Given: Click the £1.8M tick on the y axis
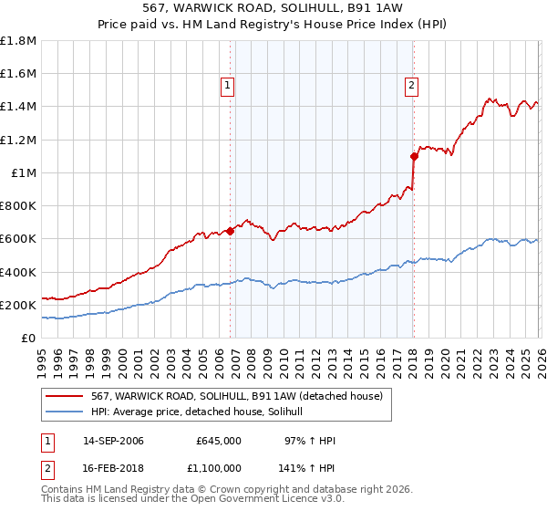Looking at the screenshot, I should click(18, 41).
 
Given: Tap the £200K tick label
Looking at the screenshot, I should click(18, 306).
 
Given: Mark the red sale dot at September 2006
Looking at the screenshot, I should click(230, 231).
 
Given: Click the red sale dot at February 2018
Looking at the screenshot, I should click(414, 156).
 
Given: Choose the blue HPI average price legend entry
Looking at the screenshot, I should click(201, 412).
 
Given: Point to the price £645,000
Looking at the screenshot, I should click(219, 441).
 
